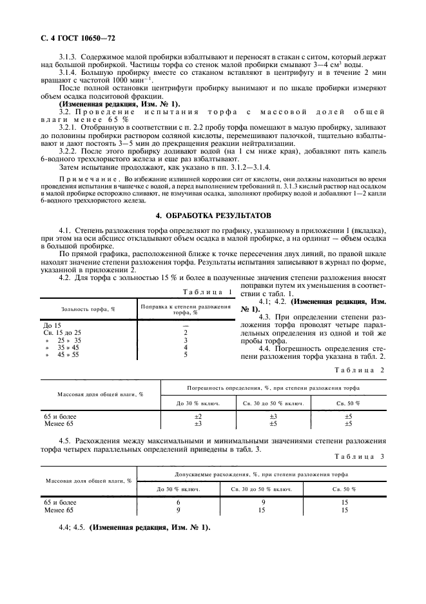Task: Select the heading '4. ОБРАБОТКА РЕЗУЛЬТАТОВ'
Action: tap(213, 214)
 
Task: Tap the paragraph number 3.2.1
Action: tap(69, 128)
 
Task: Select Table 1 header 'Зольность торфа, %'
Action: tap(88, 309)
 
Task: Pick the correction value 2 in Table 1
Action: tap(185, 332)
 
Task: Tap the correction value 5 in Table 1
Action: tap(185, 354)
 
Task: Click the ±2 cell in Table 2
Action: tap(198, 417)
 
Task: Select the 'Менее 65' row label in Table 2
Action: tap(59, 424)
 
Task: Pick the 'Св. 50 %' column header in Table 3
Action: tap(344, 490)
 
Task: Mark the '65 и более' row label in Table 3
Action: tap(60, 503)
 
